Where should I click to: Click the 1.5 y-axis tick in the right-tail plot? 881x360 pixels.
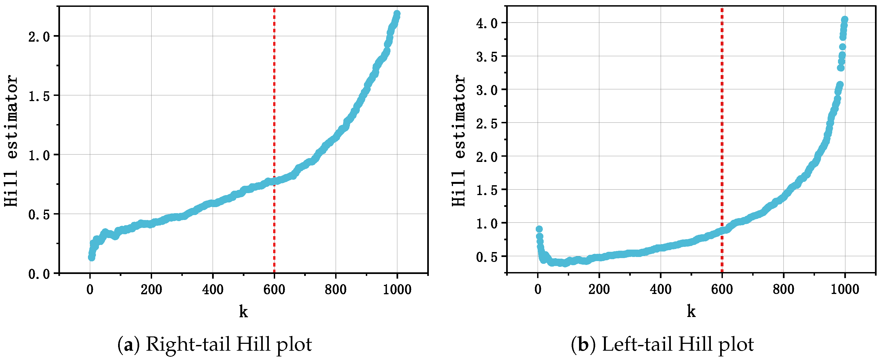click(39, 96)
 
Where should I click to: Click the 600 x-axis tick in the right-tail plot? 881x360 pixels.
click(274, 290)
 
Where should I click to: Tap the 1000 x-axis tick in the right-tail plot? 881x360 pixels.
click(397, 290)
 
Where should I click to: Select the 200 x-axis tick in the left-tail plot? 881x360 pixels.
click(599, 290)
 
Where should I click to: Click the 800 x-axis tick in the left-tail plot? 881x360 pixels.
click(783, 290)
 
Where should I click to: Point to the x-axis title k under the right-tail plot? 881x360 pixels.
click(243, 312)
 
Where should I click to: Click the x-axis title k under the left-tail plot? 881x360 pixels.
click(691, 312)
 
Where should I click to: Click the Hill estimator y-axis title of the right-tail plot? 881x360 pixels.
click(11, 140)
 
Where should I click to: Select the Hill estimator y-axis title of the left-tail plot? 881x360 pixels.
click(459, 140)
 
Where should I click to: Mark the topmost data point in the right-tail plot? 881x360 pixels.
click(397, 14)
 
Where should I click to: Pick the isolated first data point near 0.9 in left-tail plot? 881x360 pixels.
click(539, 229)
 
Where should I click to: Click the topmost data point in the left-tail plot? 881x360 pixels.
click(845, 19)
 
